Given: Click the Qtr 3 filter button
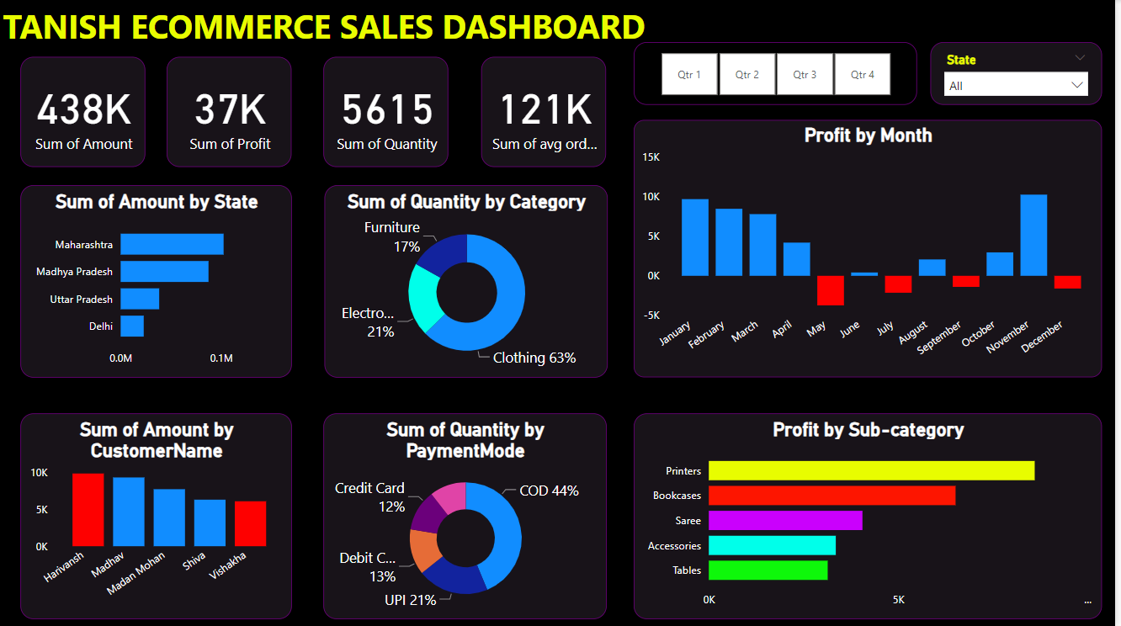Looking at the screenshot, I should [805, 74].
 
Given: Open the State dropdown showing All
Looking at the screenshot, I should [1016, 85].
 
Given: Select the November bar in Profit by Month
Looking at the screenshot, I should [1033, 236].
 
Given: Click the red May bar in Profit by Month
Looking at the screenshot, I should [831, 290].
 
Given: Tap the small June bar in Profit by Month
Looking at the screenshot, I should [864, 273].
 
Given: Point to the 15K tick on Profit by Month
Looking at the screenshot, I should [651, 157].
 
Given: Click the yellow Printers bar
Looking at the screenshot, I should [871, 470].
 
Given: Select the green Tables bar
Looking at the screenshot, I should [768, 570].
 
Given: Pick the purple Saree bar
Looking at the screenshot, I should [785, 521].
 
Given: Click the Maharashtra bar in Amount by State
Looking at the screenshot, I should [172, 244].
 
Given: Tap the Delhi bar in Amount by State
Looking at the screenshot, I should [132, 326].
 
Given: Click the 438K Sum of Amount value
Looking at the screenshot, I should [83, 109].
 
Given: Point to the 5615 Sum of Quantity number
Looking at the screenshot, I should [387, 109].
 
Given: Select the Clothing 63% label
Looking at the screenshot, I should [534, 358].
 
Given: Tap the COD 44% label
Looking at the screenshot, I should [549, 491].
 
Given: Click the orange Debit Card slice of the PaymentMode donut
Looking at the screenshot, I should [424, 549].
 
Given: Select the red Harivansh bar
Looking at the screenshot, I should [88, 510].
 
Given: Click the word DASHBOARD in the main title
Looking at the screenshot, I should [544, 27].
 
